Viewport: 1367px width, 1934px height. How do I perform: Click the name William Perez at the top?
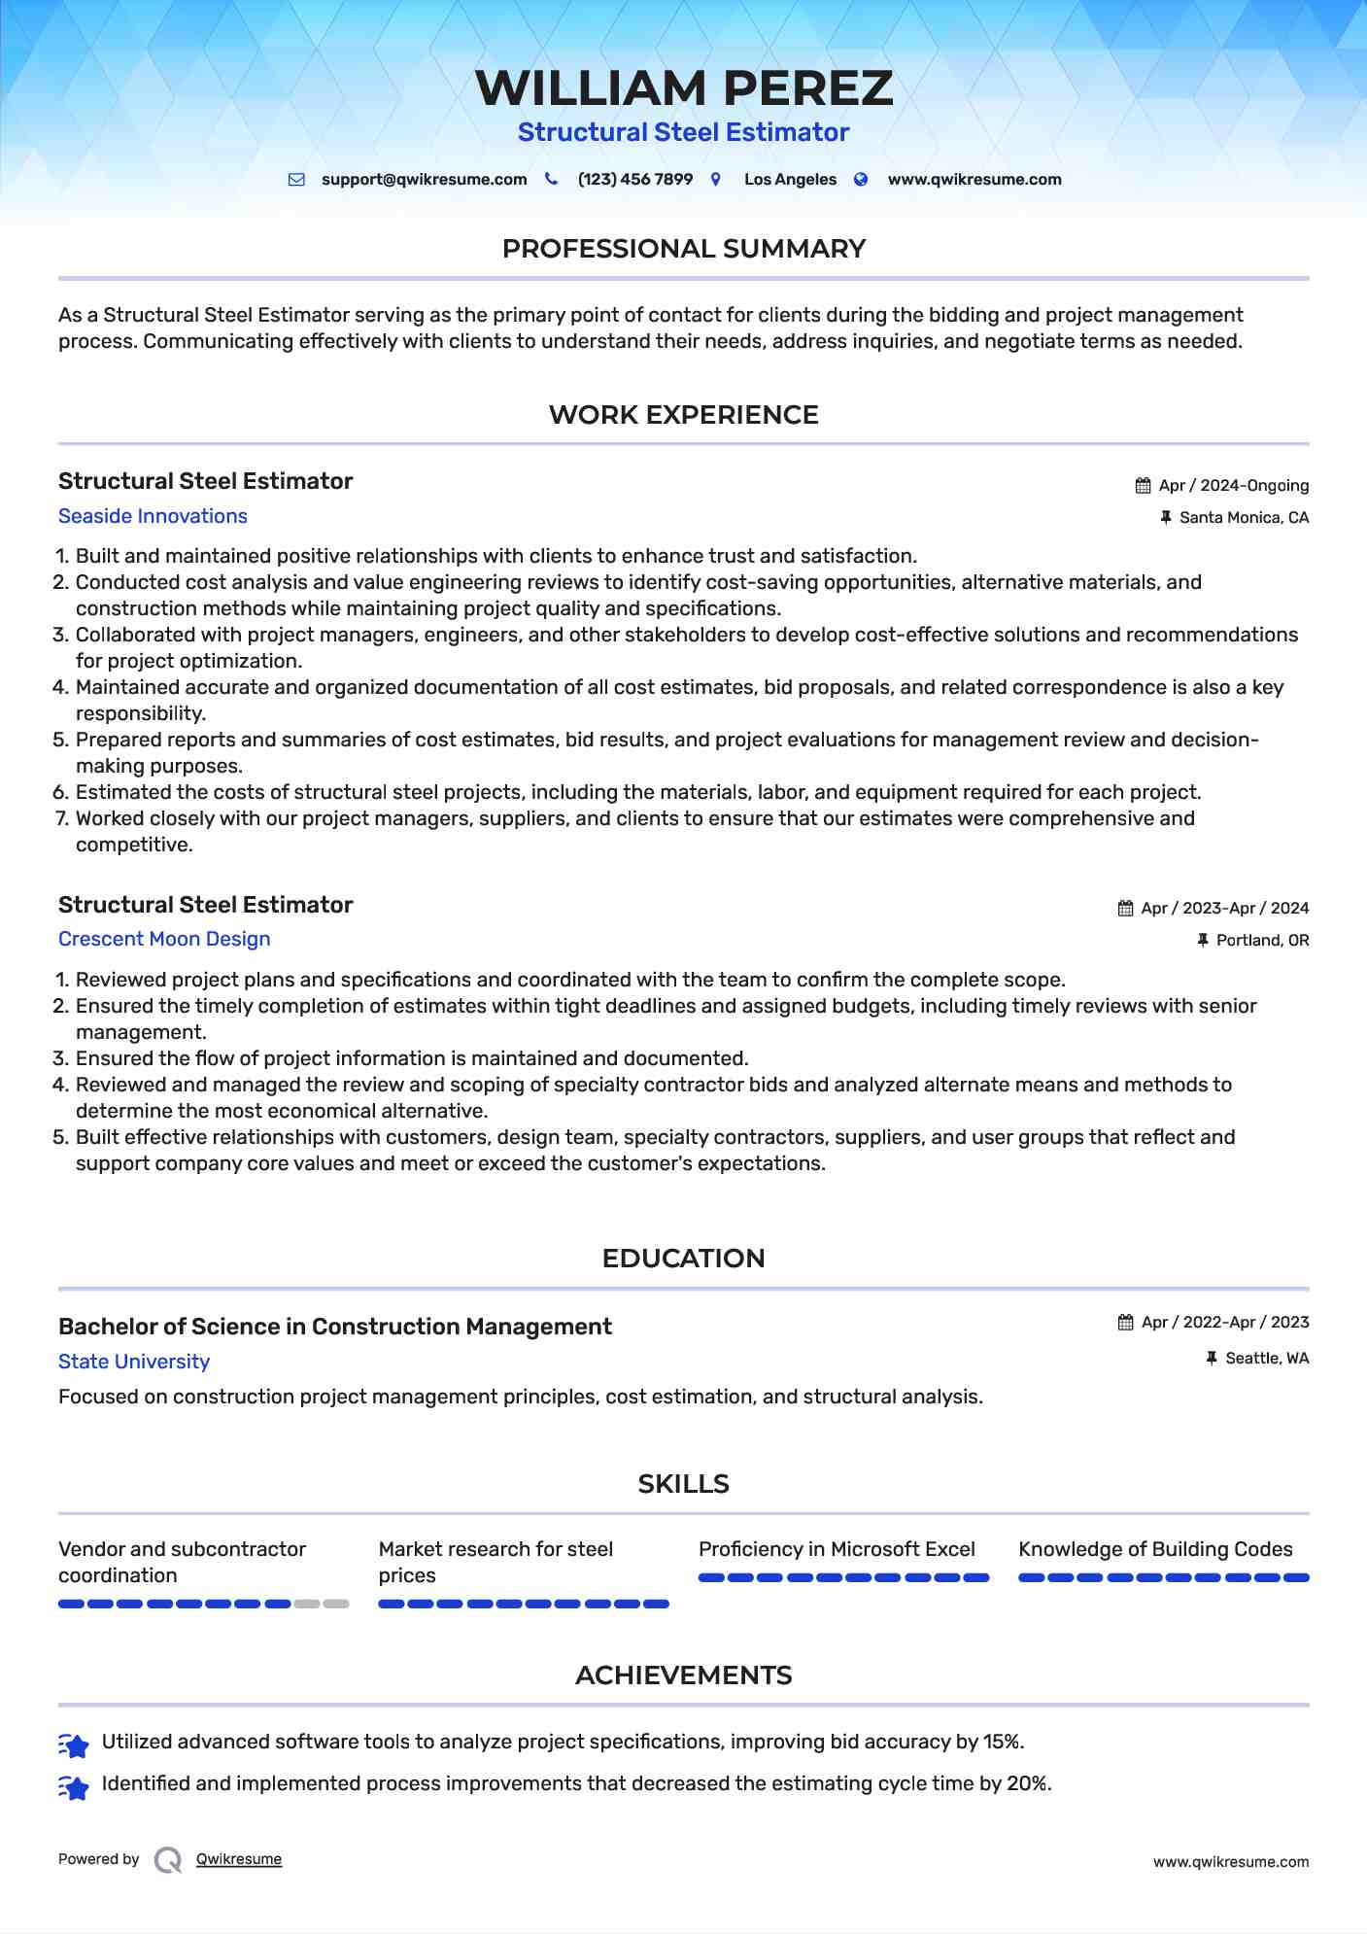(x=683, y=88)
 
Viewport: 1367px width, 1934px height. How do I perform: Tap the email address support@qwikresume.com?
(x=424, y=180)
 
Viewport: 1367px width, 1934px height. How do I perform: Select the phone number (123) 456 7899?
(x=634, y=180)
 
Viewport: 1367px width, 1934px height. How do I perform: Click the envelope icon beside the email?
(x=296, y=180)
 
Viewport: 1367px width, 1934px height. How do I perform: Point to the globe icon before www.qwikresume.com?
(x=861, y=180)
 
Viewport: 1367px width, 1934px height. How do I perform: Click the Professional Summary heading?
(x=683, y=249)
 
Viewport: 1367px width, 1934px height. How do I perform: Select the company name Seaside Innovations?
(x=153, y=517)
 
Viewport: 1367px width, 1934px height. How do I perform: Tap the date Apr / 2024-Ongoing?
(x=1233, y=486)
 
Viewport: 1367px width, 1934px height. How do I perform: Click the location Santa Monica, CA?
(x=1244, y=518)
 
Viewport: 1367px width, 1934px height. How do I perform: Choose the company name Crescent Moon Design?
(x=164, y=940)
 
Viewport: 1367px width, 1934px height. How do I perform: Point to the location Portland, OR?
(x=1262, y=941)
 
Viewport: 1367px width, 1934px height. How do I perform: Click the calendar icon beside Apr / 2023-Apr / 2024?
(x=1125, y=909)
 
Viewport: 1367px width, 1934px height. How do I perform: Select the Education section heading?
(x=683, y=1259)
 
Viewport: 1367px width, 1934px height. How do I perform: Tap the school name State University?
(x=134, y=1363)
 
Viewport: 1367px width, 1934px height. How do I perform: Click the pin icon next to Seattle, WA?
(x=1211, y=1359)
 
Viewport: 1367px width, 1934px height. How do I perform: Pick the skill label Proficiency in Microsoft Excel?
(x=837, y=1550)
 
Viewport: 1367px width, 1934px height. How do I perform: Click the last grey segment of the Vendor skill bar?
(x=336, y=1605)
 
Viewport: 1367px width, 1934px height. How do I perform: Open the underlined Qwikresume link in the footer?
(x=239, y=1860)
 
